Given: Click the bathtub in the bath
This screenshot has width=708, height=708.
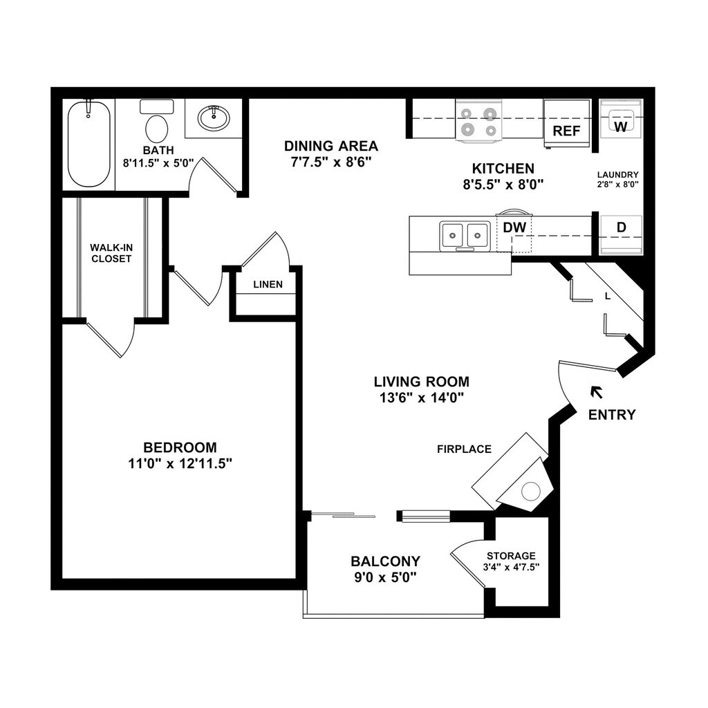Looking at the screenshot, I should [x=88, y=144].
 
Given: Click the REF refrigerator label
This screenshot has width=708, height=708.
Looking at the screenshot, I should [x=566, y=131].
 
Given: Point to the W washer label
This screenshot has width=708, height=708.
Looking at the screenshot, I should [x=620, y=127].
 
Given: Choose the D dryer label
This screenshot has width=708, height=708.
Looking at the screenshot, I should [x=620, y=227].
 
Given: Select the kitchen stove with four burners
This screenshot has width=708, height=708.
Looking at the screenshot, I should [x=478, y=120].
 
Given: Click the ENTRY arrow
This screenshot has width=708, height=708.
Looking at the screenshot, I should [x=595, y=392].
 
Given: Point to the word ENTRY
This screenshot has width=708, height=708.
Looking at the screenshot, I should [x=611, y=415].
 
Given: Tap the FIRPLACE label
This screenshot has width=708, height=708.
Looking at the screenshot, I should [x=464, y=449].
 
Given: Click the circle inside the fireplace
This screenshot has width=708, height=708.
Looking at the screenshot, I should [x=530, y=492].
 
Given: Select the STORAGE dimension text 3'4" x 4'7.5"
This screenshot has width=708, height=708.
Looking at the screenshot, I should [x=511, y=567].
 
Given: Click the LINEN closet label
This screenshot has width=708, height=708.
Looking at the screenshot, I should [x=267, y=284].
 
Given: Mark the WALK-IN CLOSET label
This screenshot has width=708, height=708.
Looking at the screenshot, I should [x=110, y=253].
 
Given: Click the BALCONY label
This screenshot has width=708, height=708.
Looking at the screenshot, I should [x=385, y=561].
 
